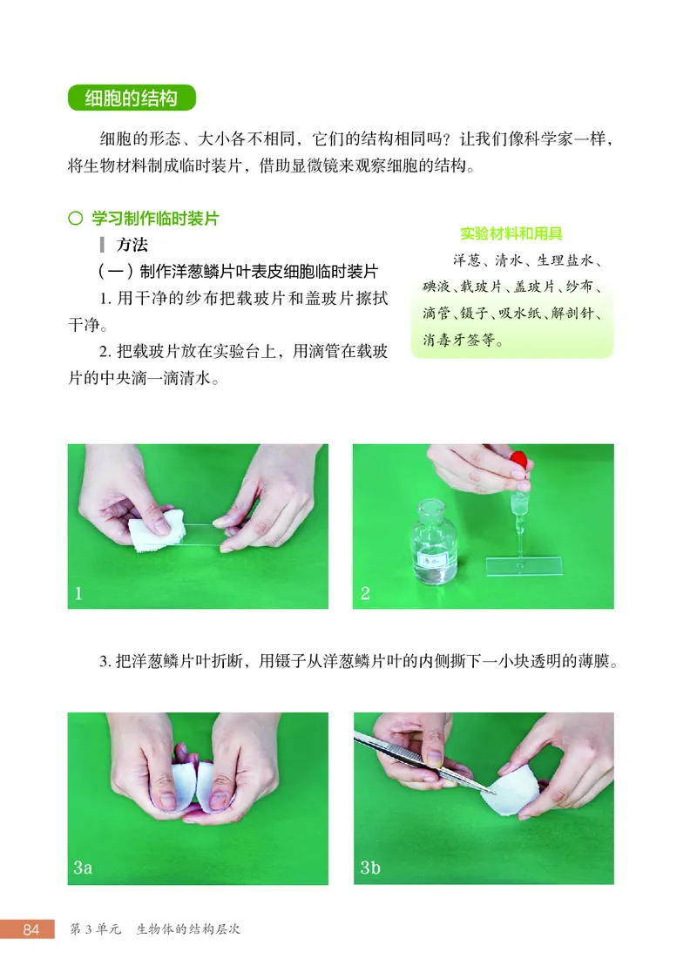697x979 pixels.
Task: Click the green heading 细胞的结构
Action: (131, 98)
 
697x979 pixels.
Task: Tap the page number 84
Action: (31, 929)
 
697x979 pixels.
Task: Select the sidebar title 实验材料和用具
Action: (511, 233)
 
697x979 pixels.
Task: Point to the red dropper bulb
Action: (520, 460)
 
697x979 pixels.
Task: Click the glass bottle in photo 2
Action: (434, 544)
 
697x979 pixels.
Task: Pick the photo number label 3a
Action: (83, 868)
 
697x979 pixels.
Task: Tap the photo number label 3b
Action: (370, 868)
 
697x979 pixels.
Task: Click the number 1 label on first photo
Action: (78, 594)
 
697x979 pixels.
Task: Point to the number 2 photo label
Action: (365, 594)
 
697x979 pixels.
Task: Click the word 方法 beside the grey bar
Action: (132, 245)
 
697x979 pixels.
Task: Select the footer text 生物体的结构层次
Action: (187, 929)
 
